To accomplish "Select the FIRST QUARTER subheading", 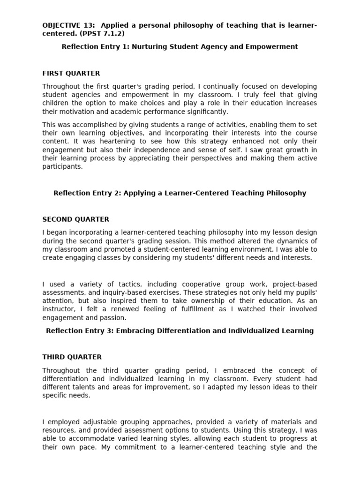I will click(x=71, y=73).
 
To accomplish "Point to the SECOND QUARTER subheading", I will click(x=76, y=219).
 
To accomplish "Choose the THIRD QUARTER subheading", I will click(x=72, y=357).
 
